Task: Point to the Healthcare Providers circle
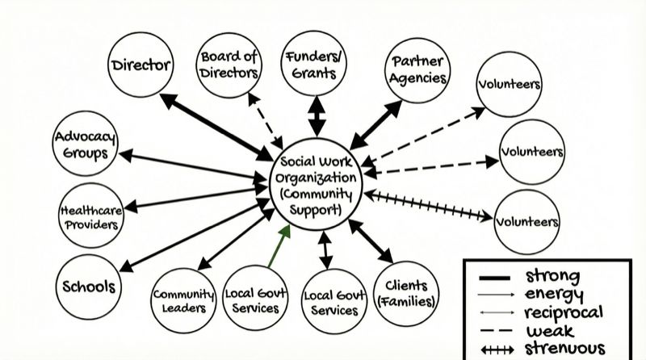pyautogui.click(x=90, y=216)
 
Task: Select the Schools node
pyautogui.click(x=90, y=287)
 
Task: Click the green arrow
pyautogui.click(x=278, y=247)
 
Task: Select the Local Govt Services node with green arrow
pyautogui.click(x=251, y=299)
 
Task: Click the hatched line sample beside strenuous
pyautogui.click(x=496, y=349)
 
